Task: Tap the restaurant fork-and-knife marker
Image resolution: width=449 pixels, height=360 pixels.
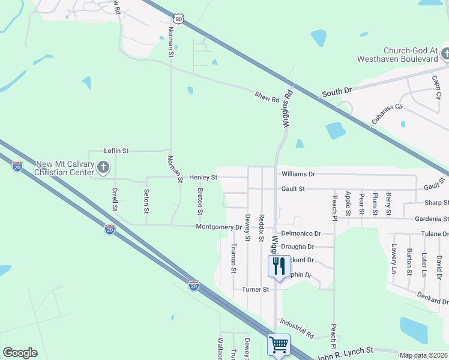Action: pos(279,265)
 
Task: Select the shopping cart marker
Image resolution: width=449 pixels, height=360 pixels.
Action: pos(279,344)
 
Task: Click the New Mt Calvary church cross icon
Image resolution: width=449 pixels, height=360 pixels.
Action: pos(103,167)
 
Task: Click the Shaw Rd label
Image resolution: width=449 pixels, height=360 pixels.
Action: pos(267,96)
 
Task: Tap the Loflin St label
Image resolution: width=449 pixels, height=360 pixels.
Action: pos(116,151)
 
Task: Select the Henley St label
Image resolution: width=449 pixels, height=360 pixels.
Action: pos(203,178)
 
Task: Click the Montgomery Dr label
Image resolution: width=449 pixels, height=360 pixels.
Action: pos(218,227)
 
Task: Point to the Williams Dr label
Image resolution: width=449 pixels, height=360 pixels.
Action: pos(298,174)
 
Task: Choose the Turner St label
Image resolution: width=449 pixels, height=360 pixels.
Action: pos(255,289)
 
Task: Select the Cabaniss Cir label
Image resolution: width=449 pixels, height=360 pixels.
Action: pos(387,113)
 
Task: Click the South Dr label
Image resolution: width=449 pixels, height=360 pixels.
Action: pos(337,92)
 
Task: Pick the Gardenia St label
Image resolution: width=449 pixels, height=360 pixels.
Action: pos(428,219)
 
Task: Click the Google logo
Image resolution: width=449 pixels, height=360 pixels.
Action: pos(20,353)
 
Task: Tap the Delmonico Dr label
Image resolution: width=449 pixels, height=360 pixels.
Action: pos(301,233)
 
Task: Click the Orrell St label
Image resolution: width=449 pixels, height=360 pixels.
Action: pos(115,200)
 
